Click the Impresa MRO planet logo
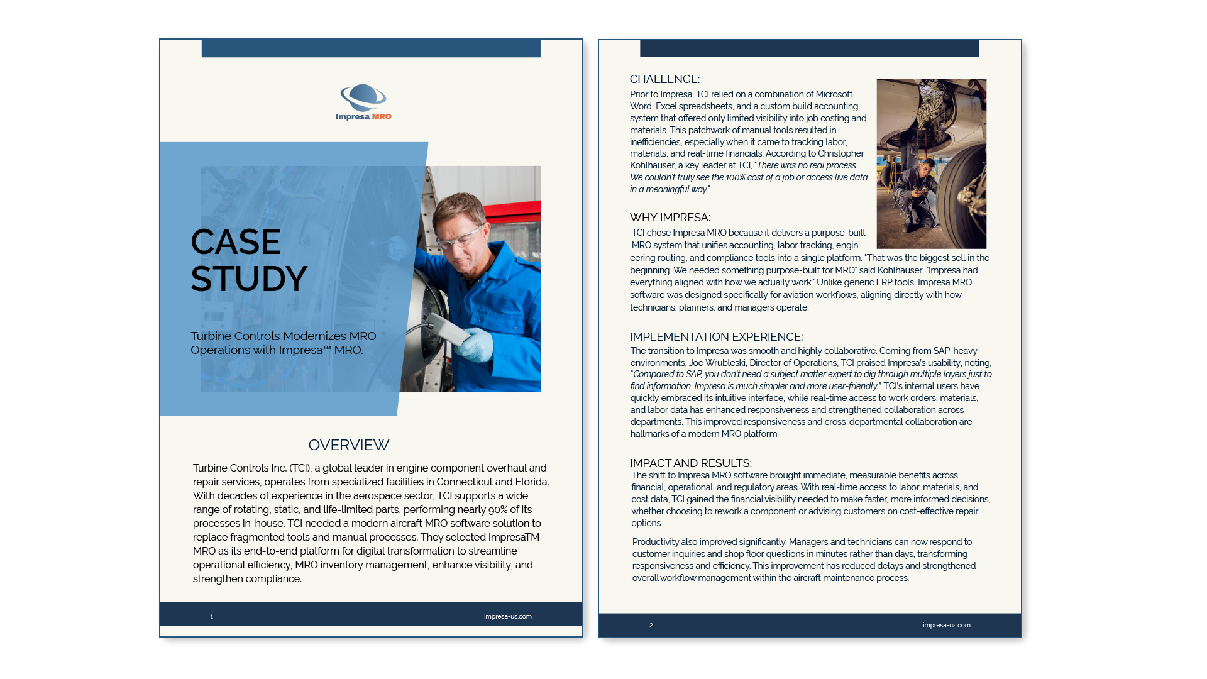363,98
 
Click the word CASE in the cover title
236,242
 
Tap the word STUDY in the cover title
249,279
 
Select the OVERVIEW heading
348,445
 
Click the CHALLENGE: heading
664,79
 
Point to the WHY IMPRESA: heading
670,218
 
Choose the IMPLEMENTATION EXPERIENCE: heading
716,337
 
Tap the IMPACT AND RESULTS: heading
690,463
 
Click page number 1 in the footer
212,617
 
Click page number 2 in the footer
651,626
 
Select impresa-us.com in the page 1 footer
507,617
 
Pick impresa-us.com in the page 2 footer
946,626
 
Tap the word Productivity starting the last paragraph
656,542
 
